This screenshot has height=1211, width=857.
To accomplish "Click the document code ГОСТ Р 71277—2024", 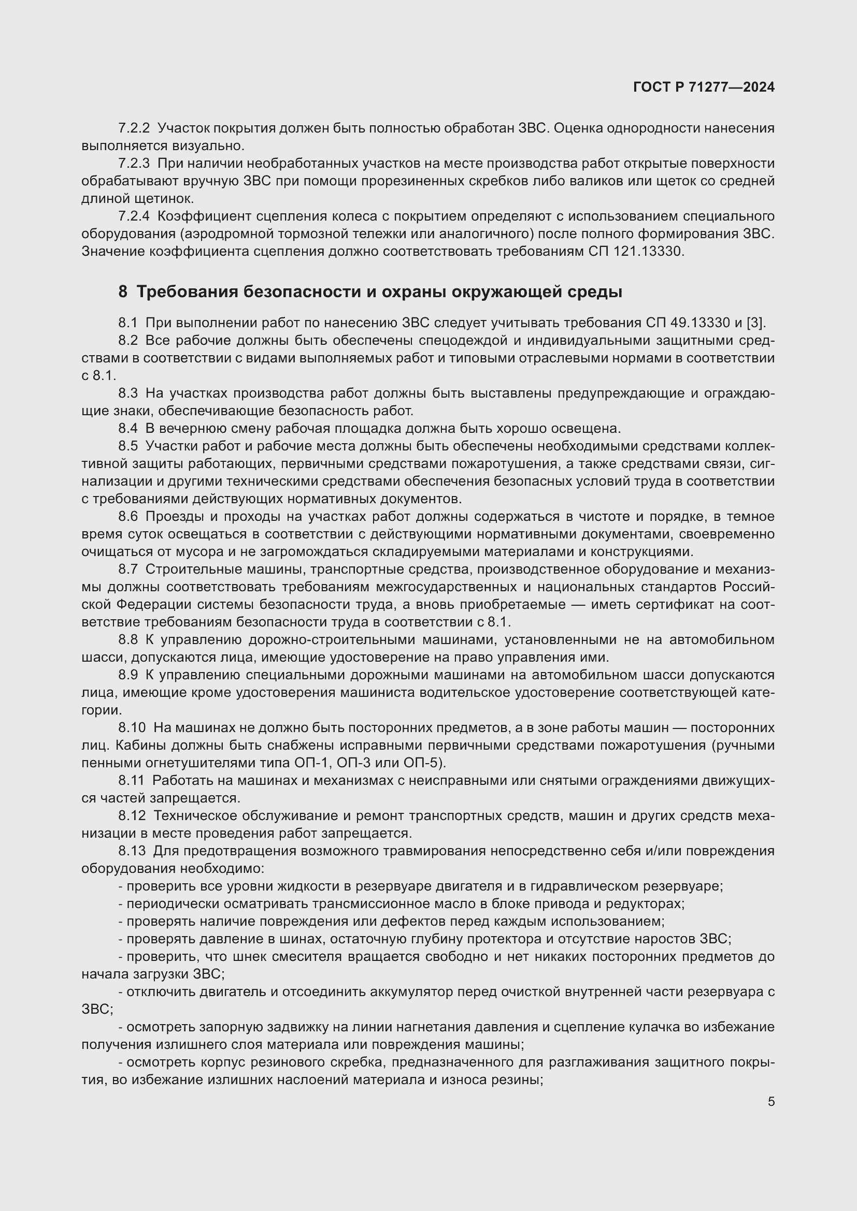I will [x=704, y=87].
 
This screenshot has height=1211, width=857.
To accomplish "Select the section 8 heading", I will [x=370, y=291].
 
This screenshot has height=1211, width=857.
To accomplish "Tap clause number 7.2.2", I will [x=134, y=128].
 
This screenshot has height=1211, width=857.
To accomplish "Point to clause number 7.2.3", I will [x=134, y=164].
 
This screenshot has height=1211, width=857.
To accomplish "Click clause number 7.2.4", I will [x=134, y=216].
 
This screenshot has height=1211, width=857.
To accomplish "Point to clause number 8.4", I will [x=127, y=428].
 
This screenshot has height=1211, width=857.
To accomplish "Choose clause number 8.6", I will [x=127, y=516].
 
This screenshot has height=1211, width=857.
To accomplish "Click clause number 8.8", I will [x=127, y=640].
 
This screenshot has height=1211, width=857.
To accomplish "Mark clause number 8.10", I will [x=132, y=728].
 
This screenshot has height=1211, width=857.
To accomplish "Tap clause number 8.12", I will [x=132, y=816].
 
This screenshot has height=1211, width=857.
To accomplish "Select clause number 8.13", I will [x=132, y=851].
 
